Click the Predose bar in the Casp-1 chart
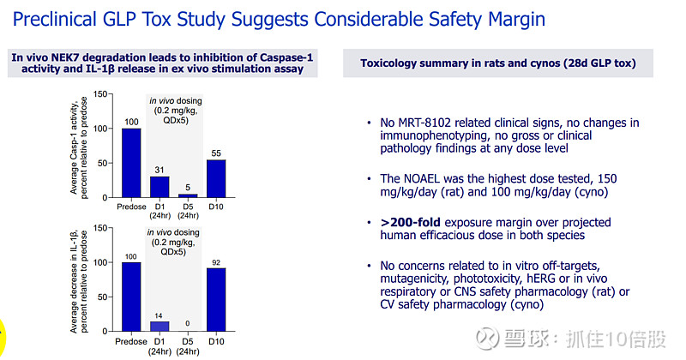(131, 163)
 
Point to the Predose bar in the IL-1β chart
(131, 297)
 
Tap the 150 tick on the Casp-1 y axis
(101, 94)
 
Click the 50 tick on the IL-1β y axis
(104, 297)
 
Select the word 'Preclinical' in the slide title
(63, 20)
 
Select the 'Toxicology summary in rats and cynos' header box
(497, 63)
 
